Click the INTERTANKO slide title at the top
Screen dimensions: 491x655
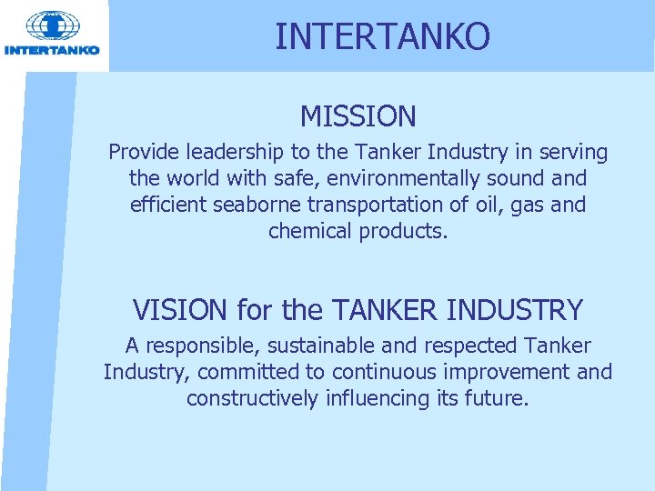coord(382,36)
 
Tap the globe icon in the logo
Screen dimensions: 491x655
coord(53,26)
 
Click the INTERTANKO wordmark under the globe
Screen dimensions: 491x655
coord(53,51)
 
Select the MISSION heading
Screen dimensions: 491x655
coord(358,116)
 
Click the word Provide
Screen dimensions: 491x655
coord(142,153)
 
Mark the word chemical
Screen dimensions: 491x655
coord(310,231)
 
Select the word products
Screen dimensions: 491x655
coord(404,231)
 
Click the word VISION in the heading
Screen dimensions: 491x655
coord(180,310)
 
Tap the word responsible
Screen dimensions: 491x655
coord(198,346)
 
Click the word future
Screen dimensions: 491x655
coord(499,398)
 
